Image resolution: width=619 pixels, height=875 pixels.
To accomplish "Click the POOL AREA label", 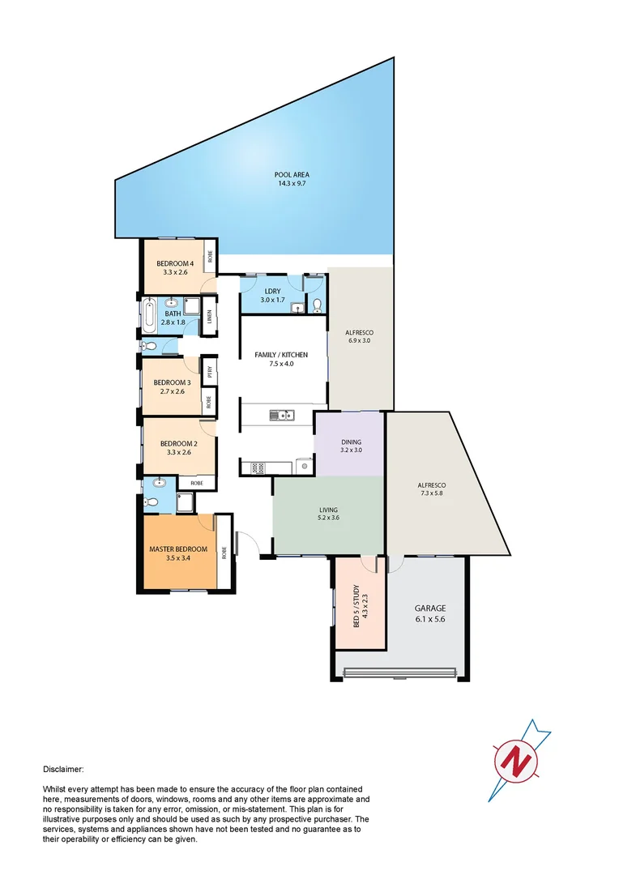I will click(x=292, y=174).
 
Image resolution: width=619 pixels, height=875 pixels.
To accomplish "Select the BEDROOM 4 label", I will click(x=175, y=263).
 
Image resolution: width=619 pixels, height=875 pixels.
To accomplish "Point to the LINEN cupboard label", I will click(x=209, y=317).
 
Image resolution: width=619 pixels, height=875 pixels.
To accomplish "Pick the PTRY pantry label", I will click(x=210, y=373).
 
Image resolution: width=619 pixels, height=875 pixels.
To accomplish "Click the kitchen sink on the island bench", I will click(x=283, y=416).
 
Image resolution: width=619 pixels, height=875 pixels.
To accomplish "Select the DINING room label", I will click(x=351, y=442).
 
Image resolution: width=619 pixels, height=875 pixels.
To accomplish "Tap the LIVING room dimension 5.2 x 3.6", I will click(x=328, y=519).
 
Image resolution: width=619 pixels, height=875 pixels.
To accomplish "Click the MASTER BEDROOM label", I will click(x=178, y=549).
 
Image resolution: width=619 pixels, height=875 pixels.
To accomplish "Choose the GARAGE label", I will click(x=430, y=608).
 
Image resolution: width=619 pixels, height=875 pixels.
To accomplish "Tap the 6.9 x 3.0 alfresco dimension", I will click(x=359, y=343).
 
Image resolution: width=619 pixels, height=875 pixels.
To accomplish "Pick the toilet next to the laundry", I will click(x=317, y=305).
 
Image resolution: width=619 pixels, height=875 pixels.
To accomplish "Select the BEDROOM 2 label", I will click(x=178, y=443).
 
